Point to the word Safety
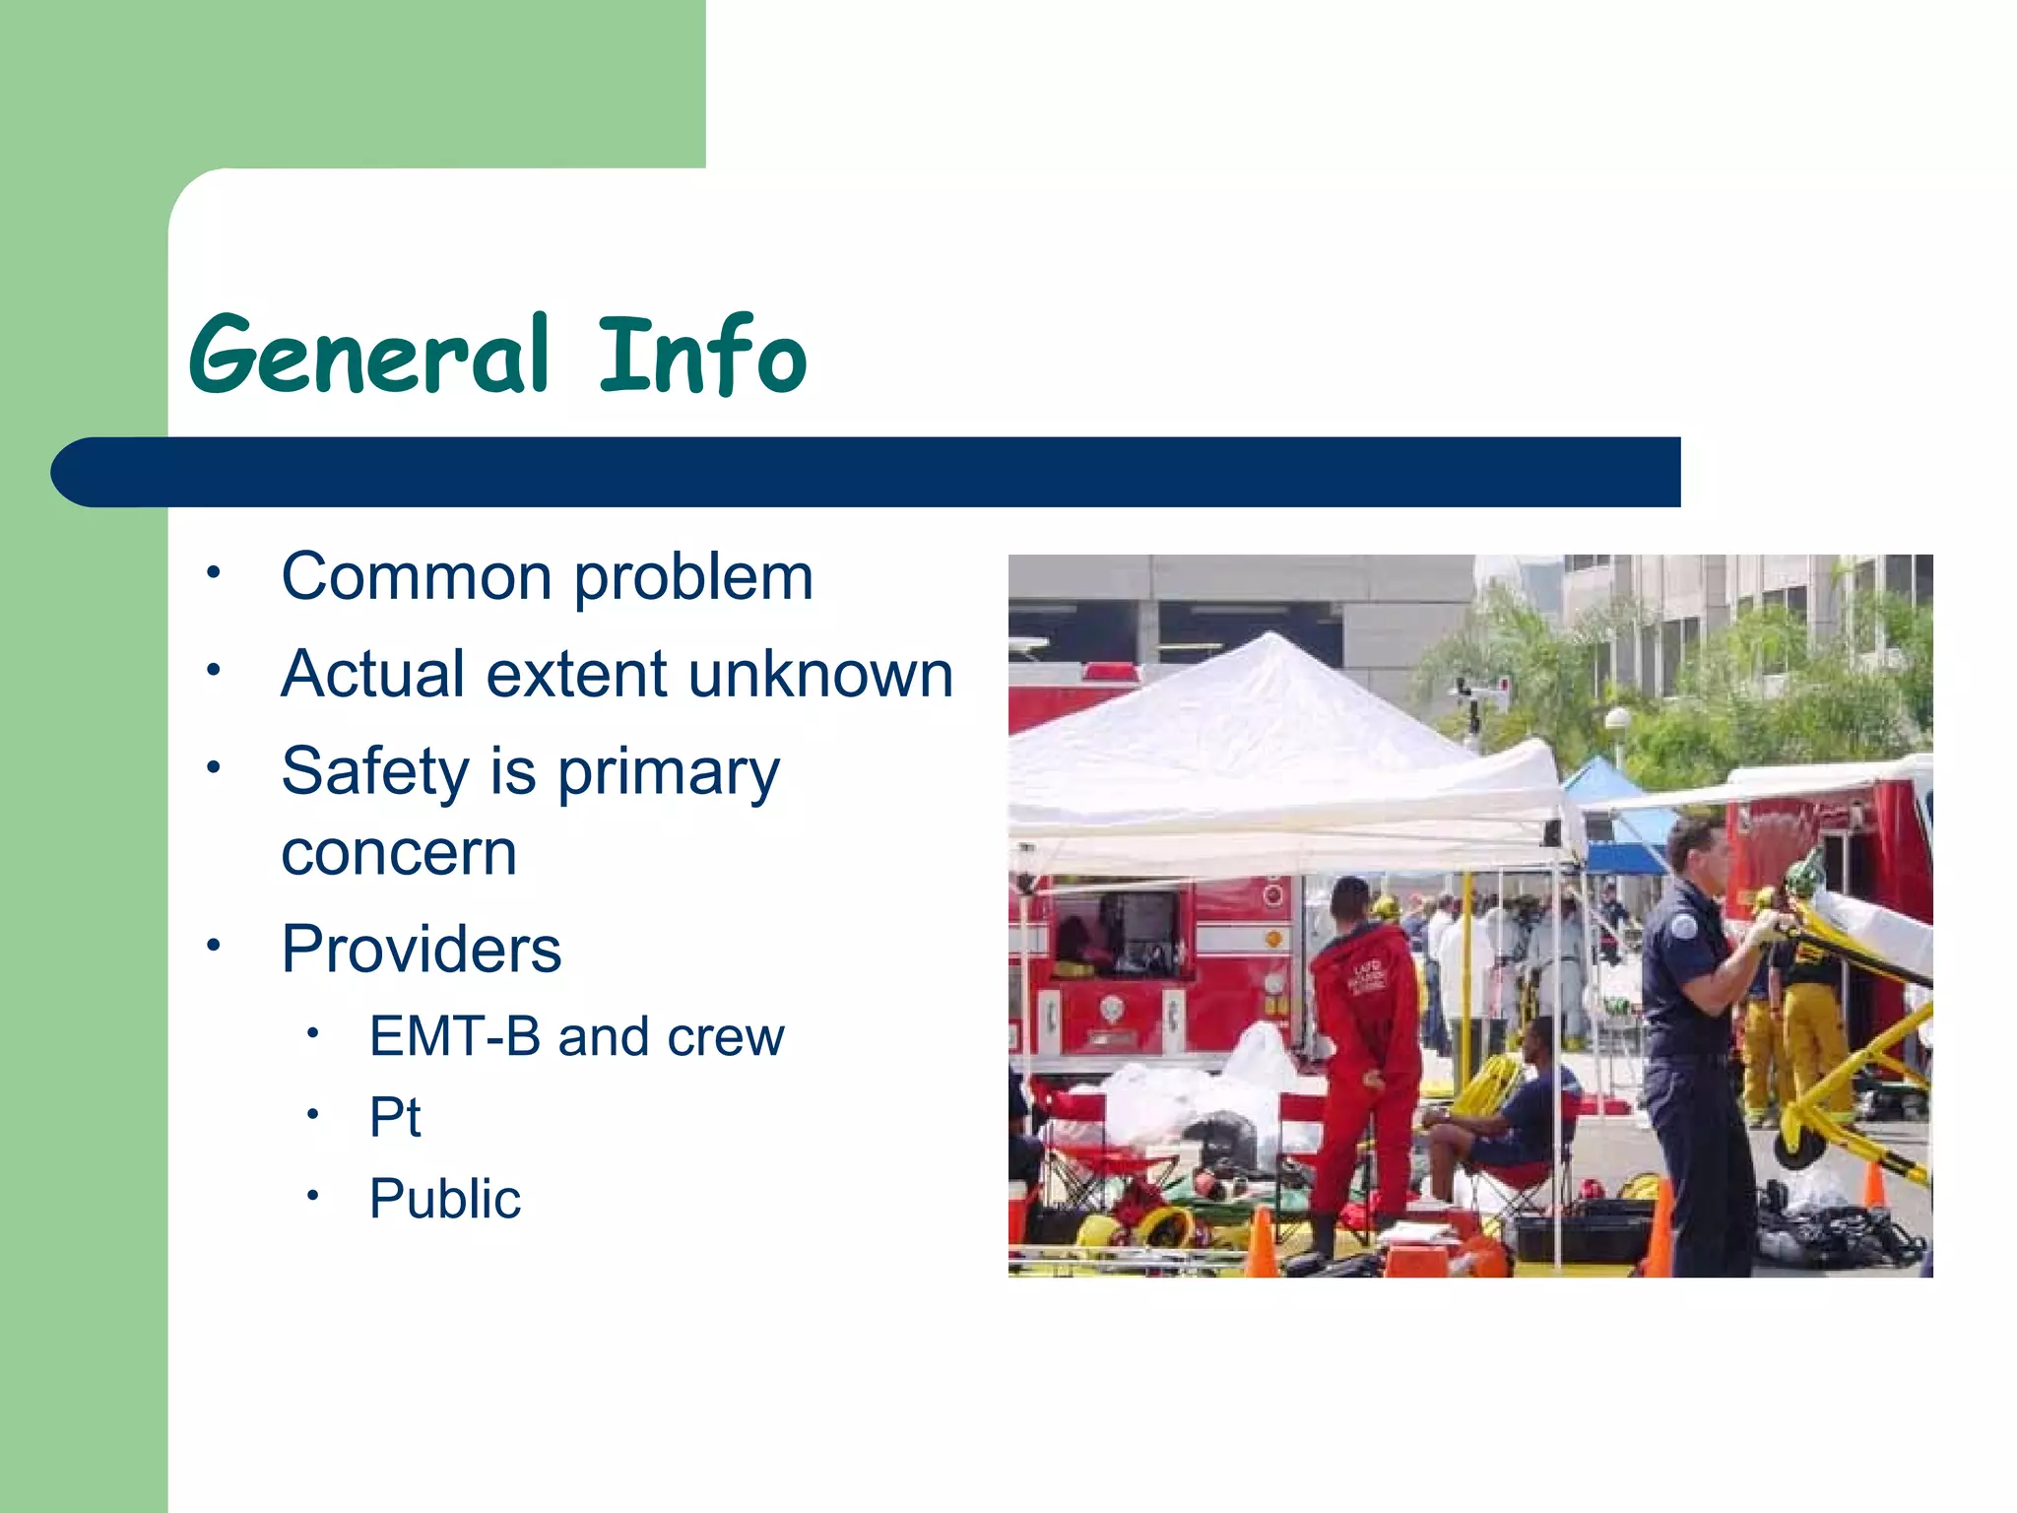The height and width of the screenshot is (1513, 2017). tap(375, 771)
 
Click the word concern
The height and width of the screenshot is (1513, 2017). tap(399, 853)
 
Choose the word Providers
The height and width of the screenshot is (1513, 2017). tap(422, 950)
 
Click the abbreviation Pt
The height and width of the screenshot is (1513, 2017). tap(395, 1117)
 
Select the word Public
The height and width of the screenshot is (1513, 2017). tap(445, 1199)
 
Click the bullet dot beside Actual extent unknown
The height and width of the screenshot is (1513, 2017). tap(214, 670)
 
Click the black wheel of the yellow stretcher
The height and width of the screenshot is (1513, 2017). tap(1798, 1147)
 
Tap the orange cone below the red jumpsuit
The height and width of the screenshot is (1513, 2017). tap(1262, 1243)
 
